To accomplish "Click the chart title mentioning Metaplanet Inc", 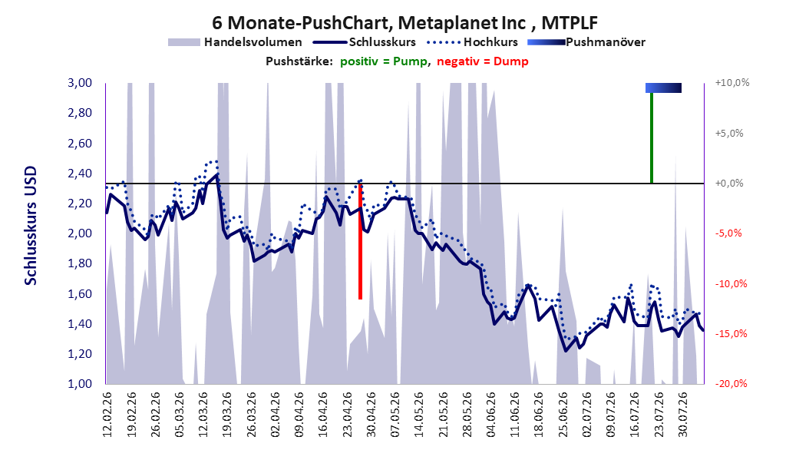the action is point(404,23).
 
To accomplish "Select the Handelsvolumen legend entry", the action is point(236,42).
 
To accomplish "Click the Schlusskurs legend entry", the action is point(365,42).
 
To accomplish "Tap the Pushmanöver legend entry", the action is point(586,42).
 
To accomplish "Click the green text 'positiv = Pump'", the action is point(384,61).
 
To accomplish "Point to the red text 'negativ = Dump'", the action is point(483,61).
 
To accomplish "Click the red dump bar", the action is point(360,241).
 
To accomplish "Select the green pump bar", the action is point(652,137).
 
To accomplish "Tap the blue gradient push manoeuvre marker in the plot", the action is point(663,88).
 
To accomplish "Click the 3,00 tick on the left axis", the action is point(80,83).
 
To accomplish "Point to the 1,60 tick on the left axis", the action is point(80,293).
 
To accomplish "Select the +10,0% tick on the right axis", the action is point(732,83).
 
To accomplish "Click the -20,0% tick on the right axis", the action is point(731,383).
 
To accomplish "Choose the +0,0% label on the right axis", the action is point(729,184).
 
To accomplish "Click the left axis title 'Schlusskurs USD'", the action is point(31,225).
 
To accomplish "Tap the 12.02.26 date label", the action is point(107,415).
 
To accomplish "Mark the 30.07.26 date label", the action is point(684,415).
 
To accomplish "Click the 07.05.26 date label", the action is point(396,415).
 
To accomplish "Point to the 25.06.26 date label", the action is point(563,415).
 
